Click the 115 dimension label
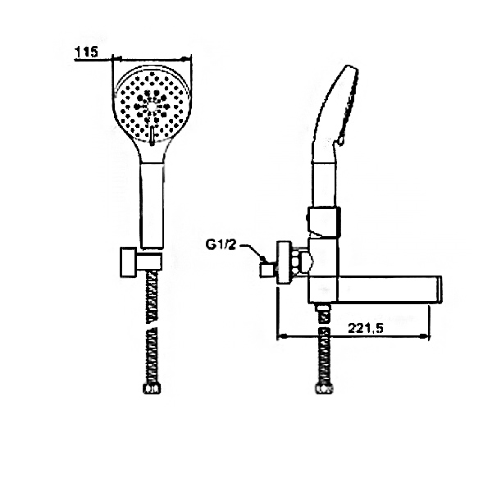[x=85, y=52]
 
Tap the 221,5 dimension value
[x=367, y=327]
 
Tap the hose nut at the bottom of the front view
[x=151, y=389]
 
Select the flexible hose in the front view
[x=151, y=328]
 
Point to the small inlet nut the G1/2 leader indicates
[x=266, y=268]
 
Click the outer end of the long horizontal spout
[x=435, y=289]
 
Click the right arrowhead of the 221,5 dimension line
[x=427, y=335]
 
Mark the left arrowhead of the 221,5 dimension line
[x=283, y=335]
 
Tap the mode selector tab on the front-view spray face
[x=153, y=131]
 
